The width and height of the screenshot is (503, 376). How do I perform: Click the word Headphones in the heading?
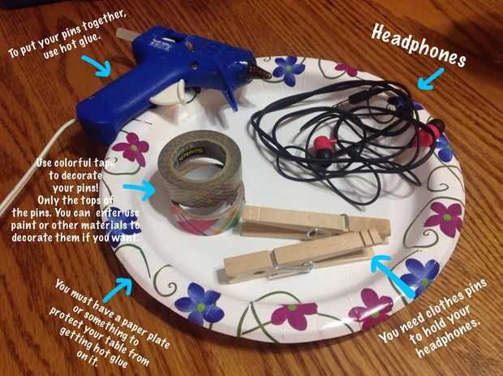[x=419, y=45]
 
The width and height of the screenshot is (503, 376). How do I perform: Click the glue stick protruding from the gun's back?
[x=126, y=34]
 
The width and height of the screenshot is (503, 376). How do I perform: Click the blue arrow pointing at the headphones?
[x=431, y=80]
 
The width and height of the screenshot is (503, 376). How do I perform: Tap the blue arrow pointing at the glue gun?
[x=97, y=66]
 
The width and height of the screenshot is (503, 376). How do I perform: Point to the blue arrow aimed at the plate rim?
[x=118, y=290]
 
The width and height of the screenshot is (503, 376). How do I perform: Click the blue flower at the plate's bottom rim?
[x=200, y=303]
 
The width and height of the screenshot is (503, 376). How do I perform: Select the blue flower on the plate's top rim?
[x=288, y=69]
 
